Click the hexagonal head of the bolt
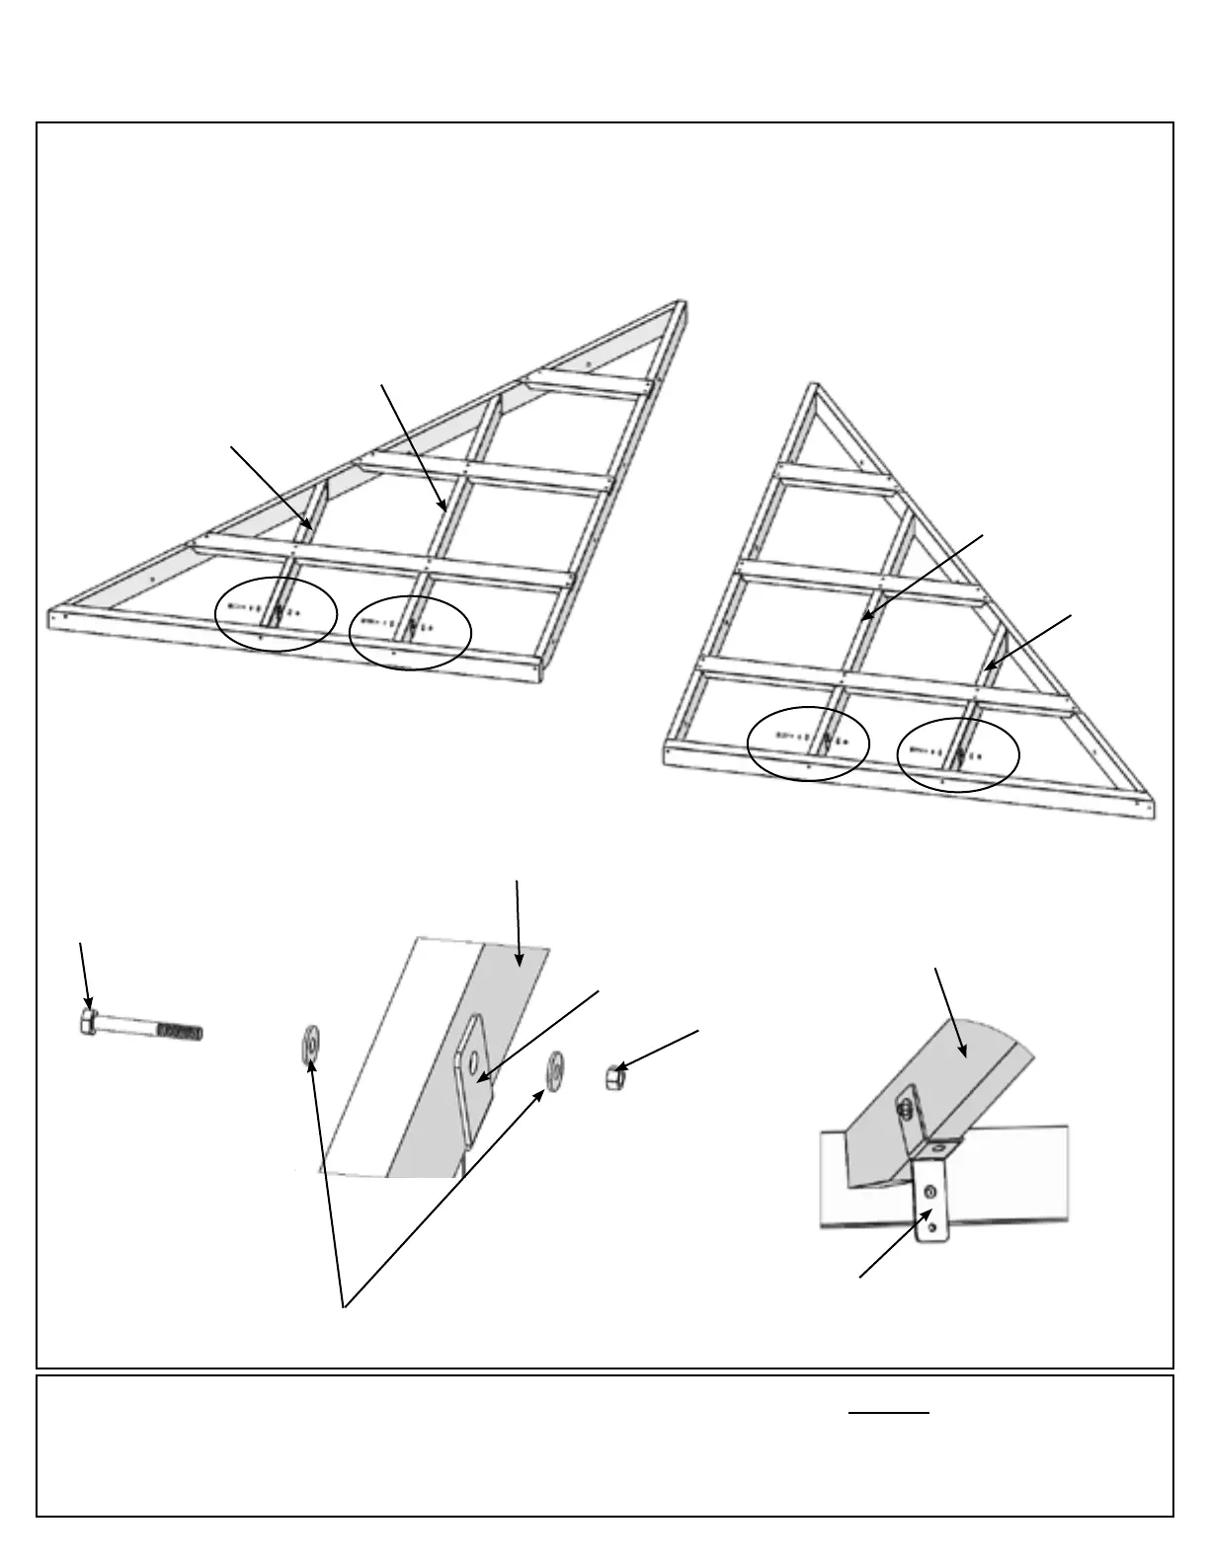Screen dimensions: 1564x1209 (88, 1022)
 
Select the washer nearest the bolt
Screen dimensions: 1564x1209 (310, 1043)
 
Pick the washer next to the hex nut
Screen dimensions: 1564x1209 (556, 1067)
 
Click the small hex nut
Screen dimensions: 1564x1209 (614, 1076)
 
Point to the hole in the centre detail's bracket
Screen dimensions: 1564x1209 (475, 1062)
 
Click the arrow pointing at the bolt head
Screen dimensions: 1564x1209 (85, 977)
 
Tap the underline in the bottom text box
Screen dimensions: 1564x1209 (889, 1413)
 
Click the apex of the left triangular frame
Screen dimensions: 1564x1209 (680, 303)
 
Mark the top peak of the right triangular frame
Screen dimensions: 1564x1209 (814, 386)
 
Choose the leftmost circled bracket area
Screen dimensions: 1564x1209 (277, 614)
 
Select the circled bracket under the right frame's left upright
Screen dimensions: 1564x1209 (808, 743)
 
